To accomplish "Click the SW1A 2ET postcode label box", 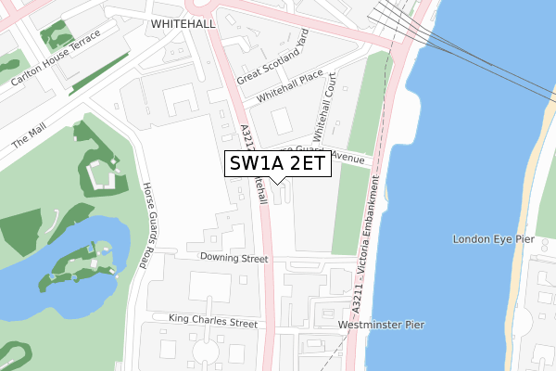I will (276, 164).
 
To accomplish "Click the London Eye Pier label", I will (494, 239).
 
